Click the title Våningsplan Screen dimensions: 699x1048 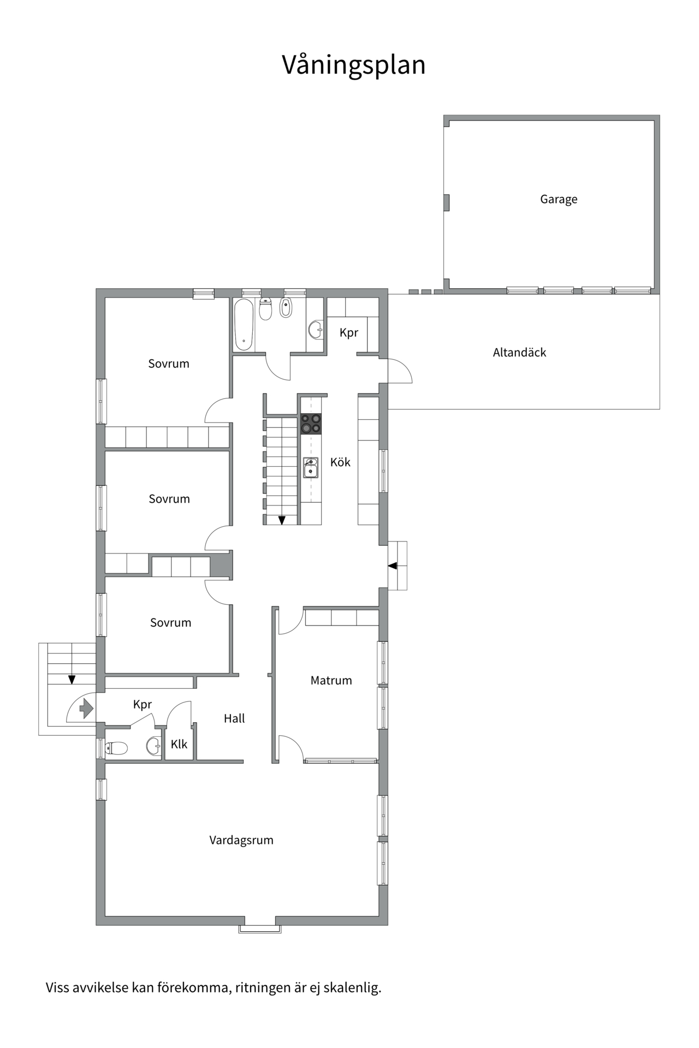point(353,65)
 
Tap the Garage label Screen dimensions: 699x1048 point(559,199)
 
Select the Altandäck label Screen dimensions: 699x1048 point(519,352)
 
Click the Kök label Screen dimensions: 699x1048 point(340,462)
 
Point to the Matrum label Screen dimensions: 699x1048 point(331,680)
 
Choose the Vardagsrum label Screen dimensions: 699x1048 point(241,840)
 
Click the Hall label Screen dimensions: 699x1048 point(234,718)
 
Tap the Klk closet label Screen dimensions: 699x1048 point(179,744)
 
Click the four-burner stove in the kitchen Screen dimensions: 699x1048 point(311,424)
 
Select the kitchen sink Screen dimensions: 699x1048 point(311,468)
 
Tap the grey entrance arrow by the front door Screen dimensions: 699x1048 point(86,708)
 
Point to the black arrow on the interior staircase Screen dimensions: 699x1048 point(282,520)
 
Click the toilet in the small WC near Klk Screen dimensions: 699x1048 point(116,748)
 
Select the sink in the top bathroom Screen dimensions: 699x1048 point(316,330)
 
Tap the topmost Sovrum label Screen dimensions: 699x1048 point(169,364)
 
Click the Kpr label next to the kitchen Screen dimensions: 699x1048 point(349,332)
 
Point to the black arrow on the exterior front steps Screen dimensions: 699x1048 point(72,680)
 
